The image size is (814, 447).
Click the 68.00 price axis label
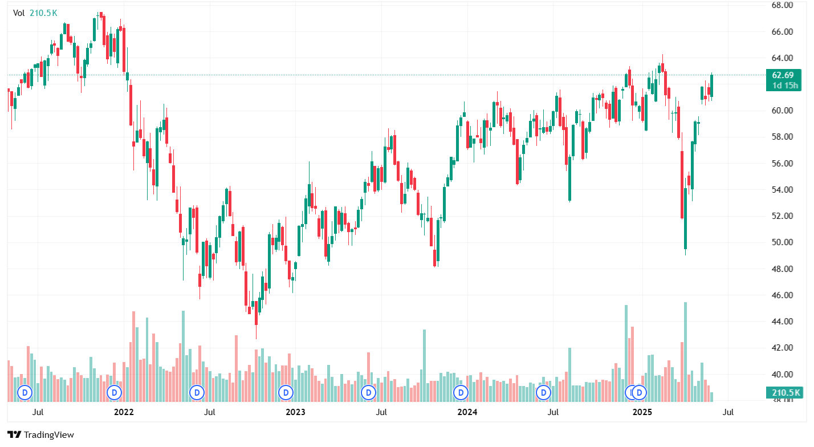pyautogui.click(x=783, y=5)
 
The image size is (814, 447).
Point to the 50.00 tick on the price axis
pyautogui.click(x=783, y=242)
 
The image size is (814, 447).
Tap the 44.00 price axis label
pyautogui.click(x=783, y=322)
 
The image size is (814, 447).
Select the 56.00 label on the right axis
pyautogui.click(x=783, y=164)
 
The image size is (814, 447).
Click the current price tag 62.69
pyautogui.click(x=783, y=75)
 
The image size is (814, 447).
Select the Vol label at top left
pyautogui.click(x=19, y=13)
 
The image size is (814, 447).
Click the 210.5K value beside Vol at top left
pyautogui.click(x=43, y=13)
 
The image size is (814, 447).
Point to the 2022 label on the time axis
pyautogui.click(x=124, y=412)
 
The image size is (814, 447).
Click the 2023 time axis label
pyautogui.click(x=295, y=412)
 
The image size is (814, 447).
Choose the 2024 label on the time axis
pyautogui.click(x=467, y=412)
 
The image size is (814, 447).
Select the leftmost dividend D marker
pyautogui.click(x=25, y=392)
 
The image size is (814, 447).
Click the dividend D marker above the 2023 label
pyautogui.click(x=286, y=392)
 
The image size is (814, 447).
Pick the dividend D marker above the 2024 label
pyautogui.click(x=460, y=392)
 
